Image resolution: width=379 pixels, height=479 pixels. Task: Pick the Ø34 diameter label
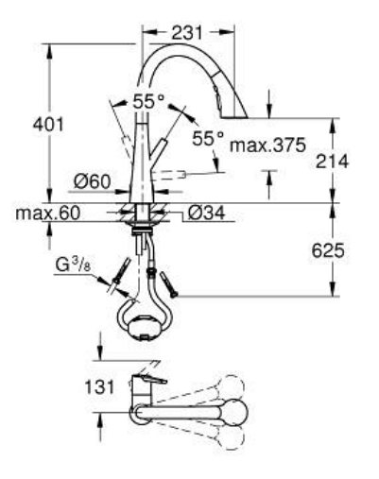point(205,214)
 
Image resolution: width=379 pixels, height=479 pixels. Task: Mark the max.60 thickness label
point(44,214)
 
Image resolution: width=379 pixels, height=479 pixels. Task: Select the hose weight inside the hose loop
point(143,326)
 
